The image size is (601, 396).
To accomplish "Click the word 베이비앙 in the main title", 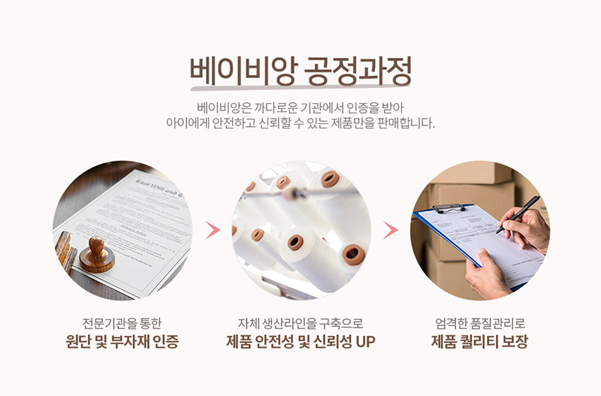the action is (x=243, y=71).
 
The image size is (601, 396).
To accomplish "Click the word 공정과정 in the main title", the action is (x=358, y=71).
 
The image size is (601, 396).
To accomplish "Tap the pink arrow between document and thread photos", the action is (x=213, y=230).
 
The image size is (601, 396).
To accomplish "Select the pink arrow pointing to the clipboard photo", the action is (x=391, y=230).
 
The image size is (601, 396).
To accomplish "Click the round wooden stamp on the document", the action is (x=97, y=255).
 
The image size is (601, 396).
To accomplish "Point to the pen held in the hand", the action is (x=518, y=214).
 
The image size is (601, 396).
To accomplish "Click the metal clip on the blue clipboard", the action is (x=448, y=209).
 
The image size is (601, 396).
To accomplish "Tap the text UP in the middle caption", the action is (x=365, y=342).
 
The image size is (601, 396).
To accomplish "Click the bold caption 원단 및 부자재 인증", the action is (x=122, y=342).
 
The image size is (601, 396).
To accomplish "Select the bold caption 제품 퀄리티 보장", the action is (x=479, y=342).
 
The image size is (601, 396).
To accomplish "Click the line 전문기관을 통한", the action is (x=122, y=323).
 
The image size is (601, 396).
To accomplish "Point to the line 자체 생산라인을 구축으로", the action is (x=300, y=323).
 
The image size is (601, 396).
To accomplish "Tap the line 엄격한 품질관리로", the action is (x=480, y=323).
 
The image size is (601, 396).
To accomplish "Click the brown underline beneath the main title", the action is (x=300, y=88).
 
